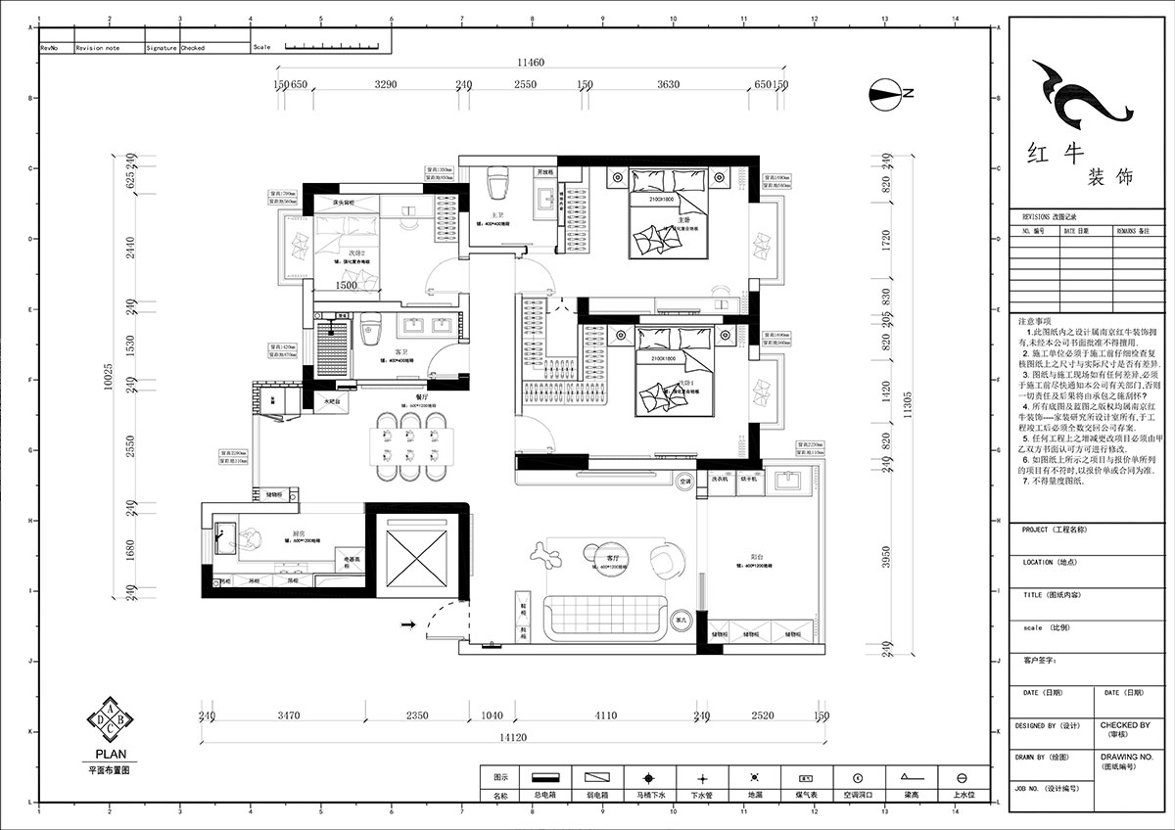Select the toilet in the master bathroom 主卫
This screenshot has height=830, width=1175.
[497, 185]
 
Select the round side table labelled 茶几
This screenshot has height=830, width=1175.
[681, 619]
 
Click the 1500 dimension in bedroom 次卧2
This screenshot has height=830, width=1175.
[347, 286]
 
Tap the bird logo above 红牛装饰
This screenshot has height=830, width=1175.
[1073, 93]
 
